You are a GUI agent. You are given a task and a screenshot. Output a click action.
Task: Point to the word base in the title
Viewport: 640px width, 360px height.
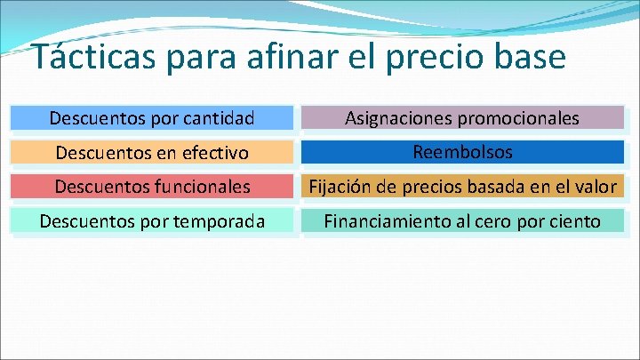pos(532,58)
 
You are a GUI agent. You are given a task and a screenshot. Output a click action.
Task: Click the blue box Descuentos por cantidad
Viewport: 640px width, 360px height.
pos(152,117)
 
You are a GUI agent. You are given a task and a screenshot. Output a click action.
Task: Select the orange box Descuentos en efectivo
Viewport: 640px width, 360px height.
pos(152,152)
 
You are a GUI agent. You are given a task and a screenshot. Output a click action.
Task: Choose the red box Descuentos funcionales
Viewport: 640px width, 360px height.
pos(152,187)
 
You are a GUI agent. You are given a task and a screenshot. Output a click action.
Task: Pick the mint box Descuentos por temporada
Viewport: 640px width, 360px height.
pos(152,221)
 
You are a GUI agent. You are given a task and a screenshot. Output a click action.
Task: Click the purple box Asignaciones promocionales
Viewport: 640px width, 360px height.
pos(462,117)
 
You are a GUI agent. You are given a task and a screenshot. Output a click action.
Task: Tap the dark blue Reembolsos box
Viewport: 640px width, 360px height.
pos(462,152)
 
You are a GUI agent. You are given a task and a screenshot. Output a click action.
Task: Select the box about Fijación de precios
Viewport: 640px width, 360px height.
pos(462,187)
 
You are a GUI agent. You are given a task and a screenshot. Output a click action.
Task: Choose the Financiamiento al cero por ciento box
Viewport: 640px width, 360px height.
pos(462,221)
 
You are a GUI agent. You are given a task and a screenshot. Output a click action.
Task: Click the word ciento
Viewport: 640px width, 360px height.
pos(574,222)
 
